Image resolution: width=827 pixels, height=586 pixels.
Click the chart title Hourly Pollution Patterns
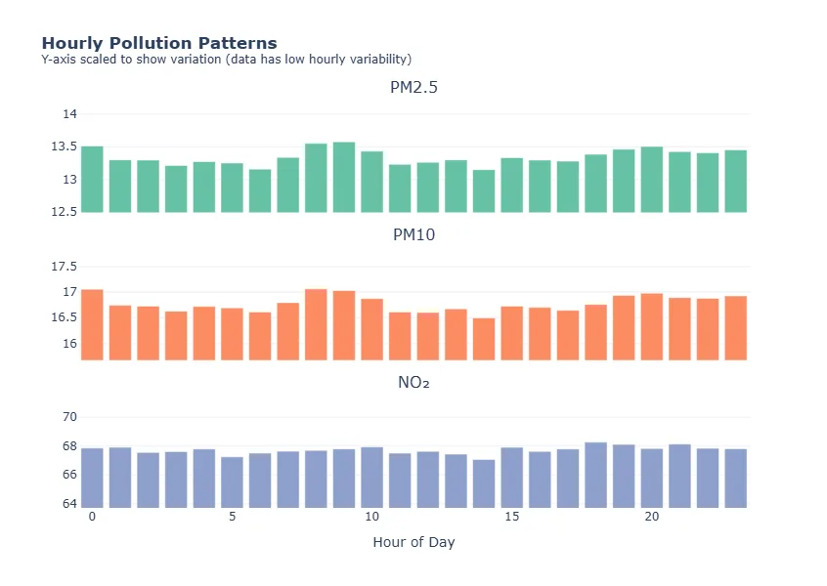[158, 43]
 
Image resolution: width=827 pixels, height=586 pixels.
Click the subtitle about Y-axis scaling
[226, 60]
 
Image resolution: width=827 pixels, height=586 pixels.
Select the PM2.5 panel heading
[413, 88]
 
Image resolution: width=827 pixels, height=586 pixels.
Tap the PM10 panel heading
[413, 235]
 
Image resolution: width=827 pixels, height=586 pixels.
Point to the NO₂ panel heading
[413, 383]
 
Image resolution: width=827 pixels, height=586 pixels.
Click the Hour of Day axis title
[413, 542]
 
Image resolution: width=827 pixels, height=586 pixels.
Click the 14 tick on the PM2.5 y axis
[69, 114]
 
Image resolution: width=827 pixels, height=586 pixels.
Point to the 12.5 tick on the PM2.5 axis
[64, 212]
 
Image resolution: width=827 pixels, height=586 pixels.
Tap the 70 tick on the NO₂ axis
[69, 417]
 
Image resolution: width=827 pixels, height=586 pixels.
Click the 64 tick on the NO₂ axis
[69, 504]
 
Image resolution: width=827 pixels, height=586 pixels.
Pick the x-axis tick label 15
[511, 516]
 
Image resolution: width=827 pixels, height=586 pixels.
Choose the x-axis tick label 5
[232, 516]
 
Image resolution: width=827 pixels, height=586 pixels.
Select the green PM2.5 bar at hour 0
[92, 180]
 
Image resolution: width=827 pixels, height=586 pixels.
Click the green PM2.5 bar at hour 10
[371, 183]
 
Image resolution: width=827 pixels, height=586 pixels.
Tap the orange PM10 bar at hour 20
[652, 327]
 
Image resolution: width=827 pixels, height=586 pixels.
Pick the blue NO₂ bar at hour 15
[511, 478]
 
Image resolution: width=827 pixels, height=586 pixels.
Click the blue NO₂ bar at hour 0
[92, 478]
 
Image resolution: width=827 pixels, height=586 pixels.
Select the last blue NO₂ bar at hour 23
[736, 479]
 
